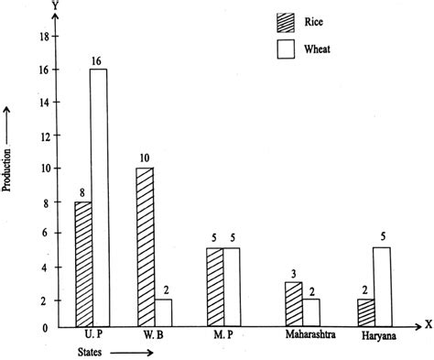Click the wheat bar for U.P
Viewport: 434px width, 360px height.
pos(98,197)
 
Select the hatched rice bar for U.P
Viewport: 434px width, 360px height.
pos(81,264)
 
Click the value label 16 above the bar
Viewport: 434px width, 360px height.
pos(97,60)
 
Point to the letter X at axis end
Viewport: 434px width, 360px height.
pos(427,324)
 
